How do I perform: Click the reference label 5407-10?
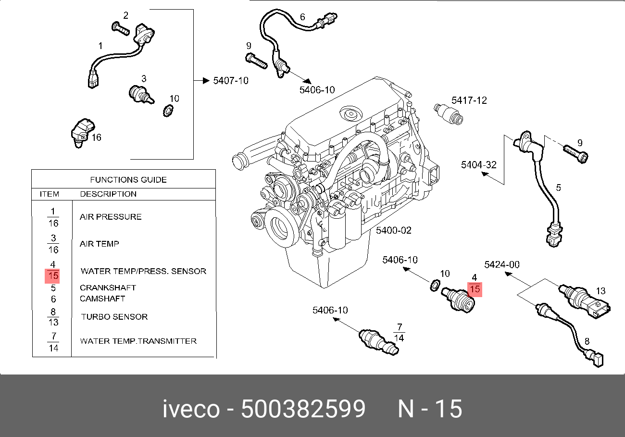pos(231,81)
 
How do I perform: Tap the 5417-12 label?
pos(469,100)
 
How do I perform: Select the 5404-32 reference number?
pos(478,165)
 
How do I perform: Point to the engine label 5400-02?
pos(394,230)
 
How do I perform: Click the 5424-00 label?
pos(501,264)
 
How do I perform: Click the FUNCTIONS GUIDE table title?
pos(128,180)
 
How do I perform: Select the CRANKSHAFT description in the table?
pos(108,287)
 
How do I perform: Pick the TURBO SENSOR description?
pos(114,317)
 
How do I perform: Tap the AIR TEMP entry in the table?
pos(99,244)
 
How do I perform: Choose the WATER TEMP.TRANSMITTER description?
pos(138,341)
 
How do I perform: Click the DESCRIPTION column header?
pos(108,194)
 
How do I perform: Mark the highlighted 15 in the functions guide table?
pos(52,276)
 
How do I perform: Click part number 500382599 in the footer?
pos(303,409)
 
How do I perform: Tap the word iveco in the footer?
pos(191,409)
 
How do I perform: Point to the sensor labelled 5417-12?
pos(448,113)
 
